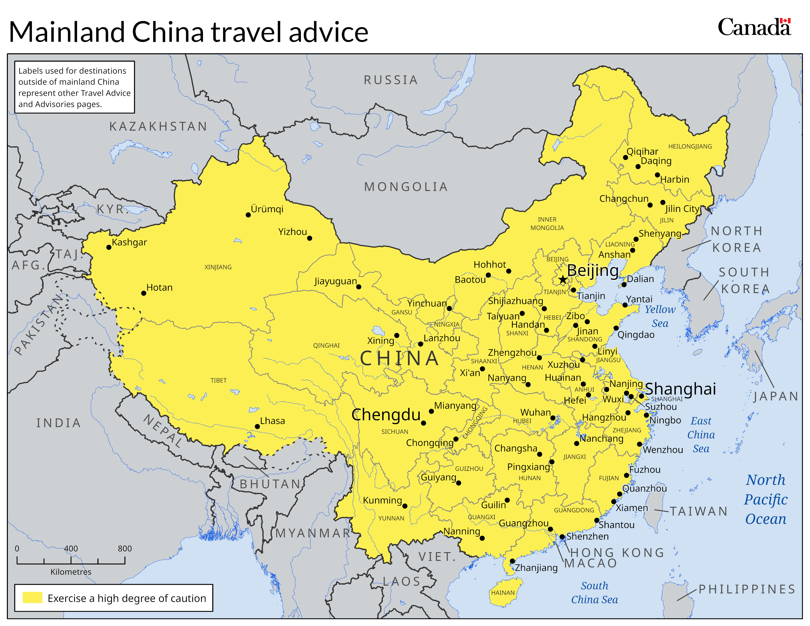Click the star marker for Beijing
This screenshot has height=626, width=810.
pos(563,279)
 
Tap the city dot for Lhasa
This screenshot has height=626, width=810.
pos(257,426)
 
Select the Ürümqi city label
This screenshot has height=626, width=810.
pos(267,209)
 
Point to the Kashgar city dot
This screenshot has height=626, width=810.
pos(109,247)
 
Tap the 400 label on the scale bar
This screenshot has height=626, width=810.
pos(71,548)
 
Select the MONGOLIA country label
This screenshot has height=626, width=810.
pos(406,187)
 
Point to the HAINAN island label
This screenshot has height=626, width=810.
pos(503,593)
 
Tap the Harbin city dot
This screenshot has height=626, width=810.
pos(657,175)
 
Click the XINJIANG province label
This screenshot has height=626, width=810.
pos(218,267)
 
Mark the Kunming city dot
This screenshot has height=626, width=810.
pos(405,506)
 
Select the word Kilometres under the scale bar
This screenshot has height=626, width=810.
pos(71,572)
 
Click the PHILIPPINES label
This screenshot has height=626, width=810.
pos(747,589)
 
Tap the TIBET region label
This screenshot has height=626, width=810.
pos(218,381)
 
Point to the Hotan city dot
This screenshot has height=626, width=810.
pos(144,293)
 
